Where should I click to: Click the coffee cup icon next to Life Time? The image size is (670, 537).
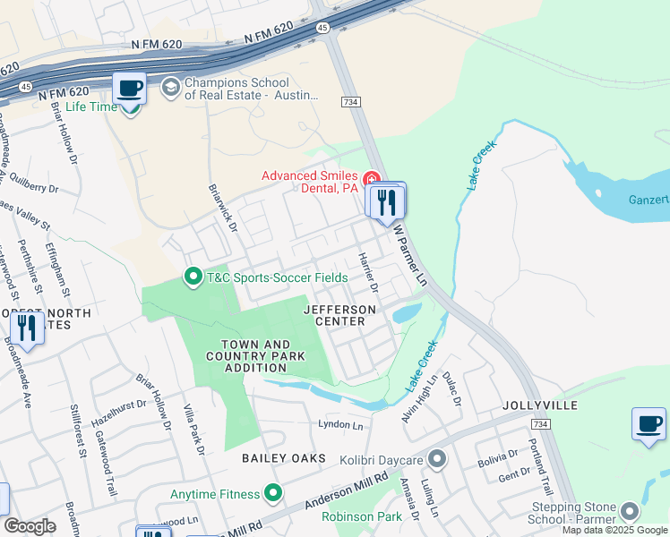click(x=130, y=89)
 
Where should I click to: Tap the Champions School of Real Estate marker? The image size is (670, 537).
click(x=169, y=88)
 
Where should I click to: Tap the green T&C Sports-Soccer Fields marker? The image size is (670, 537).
click(x=192, y=277)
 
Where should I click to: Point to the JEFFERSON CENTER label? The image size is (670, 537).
click(x=339, y=316)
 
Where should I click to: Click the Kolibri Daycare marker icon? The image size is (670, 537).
click(x=436, y=460)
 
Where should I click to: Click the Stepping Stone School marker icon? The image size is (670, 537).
click(x=630, y=512)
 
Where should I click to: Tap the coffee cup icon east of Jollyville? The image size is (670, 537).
click(x=649, y=423)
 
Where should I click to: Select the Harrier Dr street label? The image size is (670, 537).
click(x=368, y=272)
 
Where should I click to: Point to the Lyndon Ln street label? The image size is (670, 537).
click(x=341, y=424)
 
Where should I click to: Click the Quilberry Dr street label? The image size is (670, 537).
click(x=30, y=189)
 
